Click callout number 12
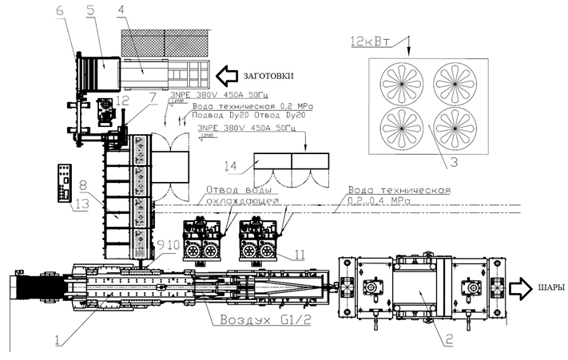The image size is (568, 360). [121, 101]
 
